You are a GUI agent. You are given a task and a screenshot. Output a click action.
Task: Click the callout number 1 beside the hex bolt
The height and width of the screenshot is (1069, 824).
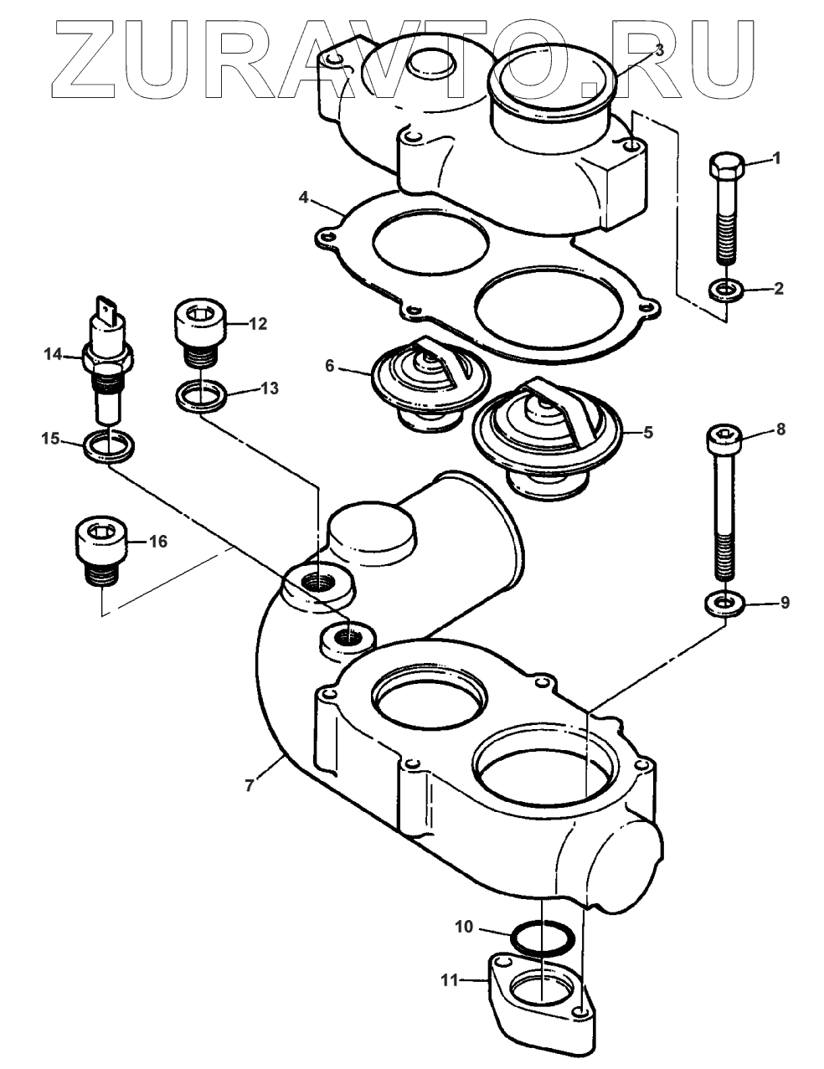tap(777, 158)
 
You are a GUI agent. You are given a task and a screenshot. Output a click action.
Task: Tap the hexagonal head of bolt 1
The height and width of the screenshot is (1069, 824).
tap(727, 165)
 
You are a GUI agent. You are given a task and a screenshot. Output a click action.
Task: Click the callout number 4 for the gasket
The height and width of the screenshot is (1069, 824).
tap(303, 198)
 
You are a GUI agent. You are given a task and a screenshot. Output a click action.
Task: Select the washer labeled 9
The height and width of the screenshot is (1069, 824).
tap(724, 603)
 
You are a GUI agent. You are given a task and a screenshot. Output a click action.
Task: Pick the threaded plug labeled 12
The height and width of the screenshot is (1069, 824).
tap(201, 335)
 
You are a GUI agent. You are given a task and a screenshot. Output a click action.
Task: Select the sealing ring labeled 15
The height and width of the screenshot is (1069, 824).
tap(109, 445)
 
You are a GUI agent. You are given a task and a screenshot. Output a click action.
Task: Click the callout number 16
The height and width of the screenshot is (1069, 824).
tap(157, 541)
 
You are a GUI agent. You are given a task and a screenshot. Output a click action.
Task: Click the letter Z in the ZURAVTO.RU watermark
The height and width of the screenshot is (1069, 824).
tap(83, 60)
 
